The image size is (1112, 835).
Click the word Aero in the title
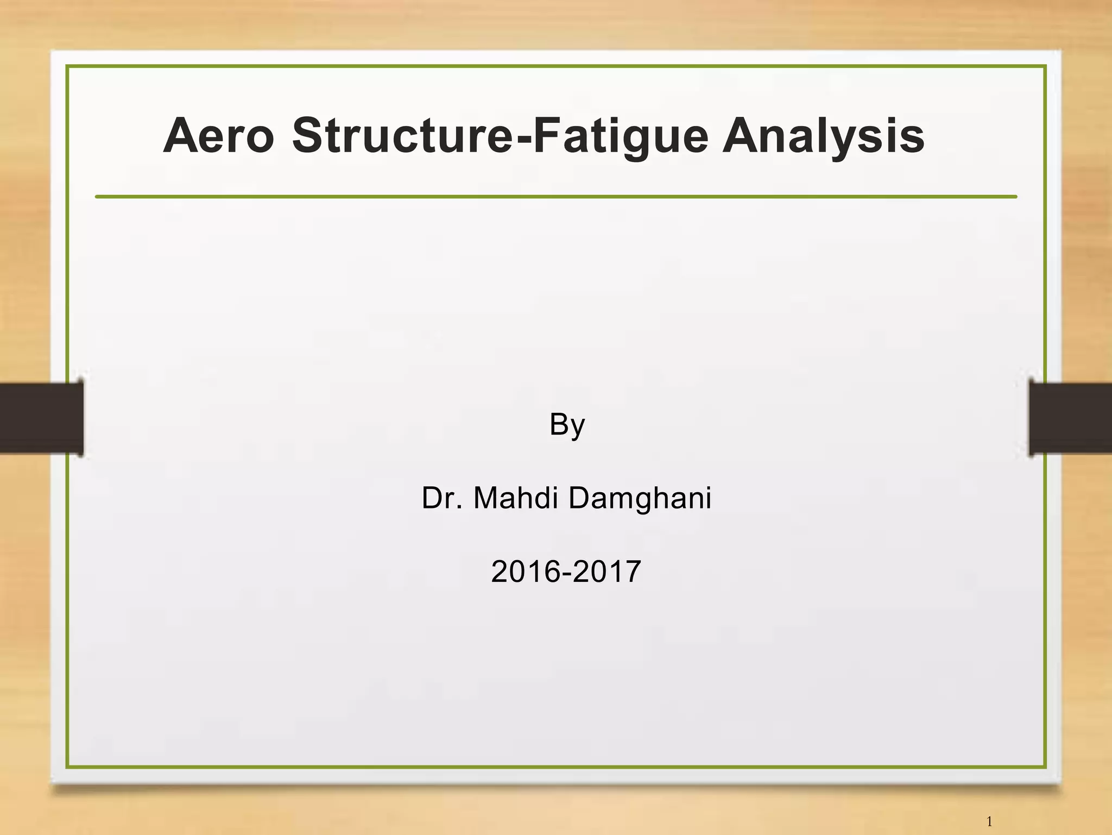pos(218,136)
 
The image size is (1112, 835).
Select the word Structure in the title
pos(402,136)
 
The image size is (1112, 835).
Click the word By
pos(567,424)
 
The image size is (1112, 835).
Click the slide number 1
pos(989,821)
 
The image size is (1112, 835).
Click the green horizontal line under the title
pos(556,197)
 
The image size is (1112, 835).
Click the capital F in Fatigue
pos(545,136)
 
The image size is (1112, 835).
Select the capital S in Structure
pos(309,136)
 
